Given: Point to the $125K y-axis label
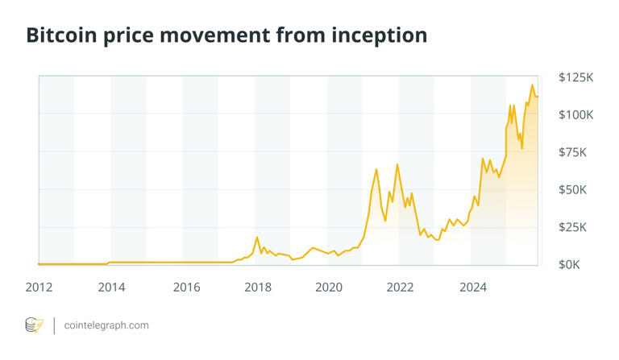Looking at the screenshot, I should (x=575, y=77).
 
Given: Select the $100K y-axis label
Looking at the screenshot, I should (x=575, y=115).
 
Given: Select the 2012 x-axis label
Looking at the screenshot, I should (x=39, y=287).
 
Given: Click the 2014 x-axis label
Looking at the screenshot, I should (x=112, y=287).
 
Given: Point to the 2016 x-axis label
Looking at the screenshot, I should (x=186, y=287).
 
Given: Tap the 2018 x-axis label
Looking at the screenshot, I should (x=258, y=287).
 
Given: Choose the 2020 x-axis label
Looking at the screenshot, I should (x=330, y=287).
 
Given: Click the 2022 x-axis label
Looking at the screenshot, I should (x=401, y=287).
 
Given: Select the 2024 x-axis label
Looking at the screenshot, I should (x=472, y=287).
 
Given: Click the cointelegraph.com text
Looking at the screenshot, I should (x=106, y=325).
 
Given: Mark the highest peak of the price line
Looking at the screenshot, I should (x=532, y=85).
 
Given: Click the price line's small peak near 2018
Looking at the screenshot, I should (x=257, y=238).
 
